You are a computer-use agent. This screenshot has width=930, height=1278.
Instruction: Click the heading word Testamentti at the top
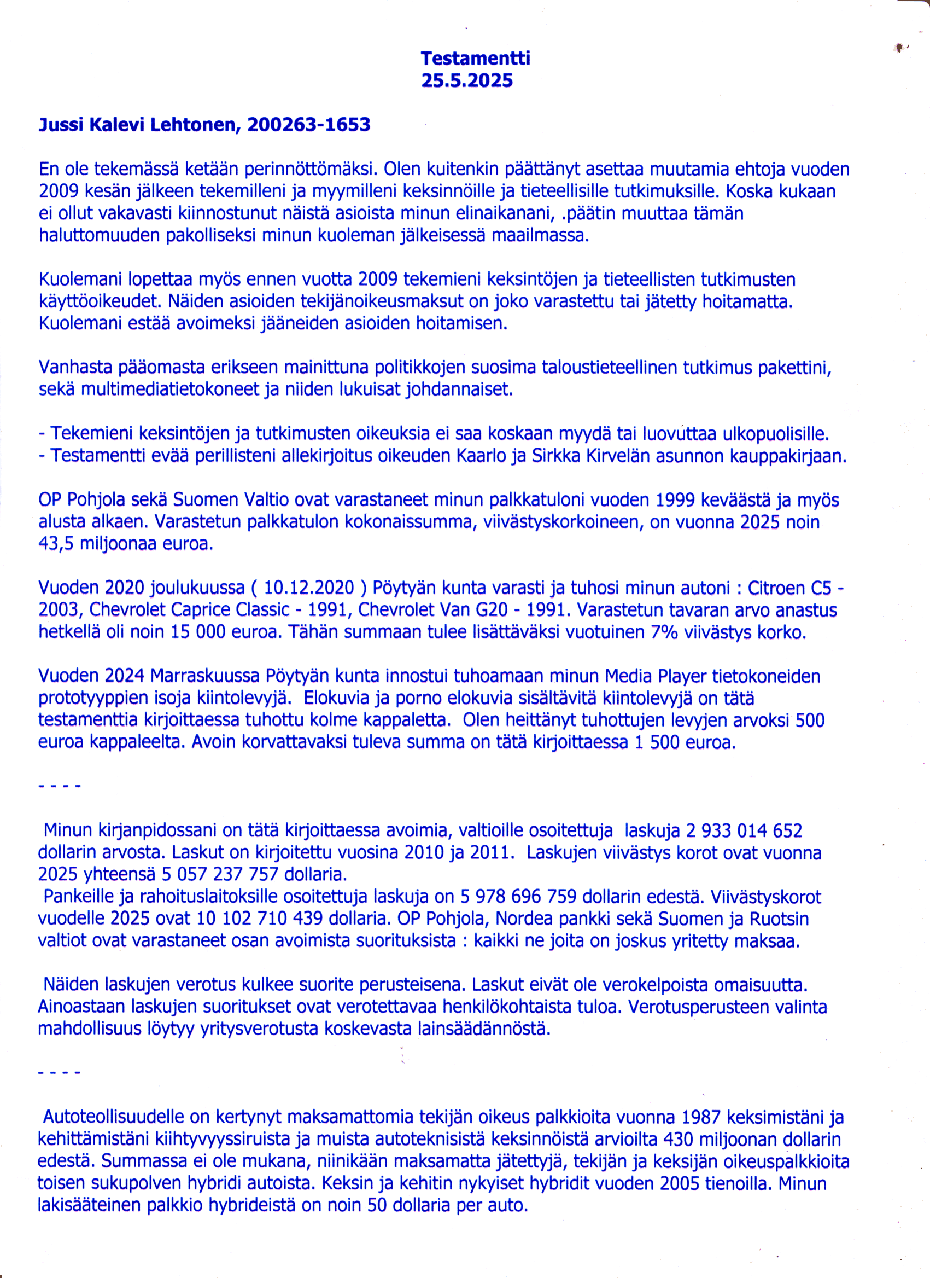pos(475,58)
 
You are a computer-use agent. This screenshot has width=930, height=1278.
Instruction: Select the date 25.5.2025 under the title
pos(466,80)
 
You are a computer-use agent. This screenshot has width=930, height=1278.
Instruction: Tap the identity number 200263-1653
pos(308,125)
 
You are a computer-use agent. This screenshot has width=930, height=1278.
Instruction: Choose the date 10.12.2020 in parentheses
pos(309,588)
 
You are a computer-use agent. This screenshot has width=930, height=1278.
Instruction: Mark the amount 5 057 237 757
pos(220,875)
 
